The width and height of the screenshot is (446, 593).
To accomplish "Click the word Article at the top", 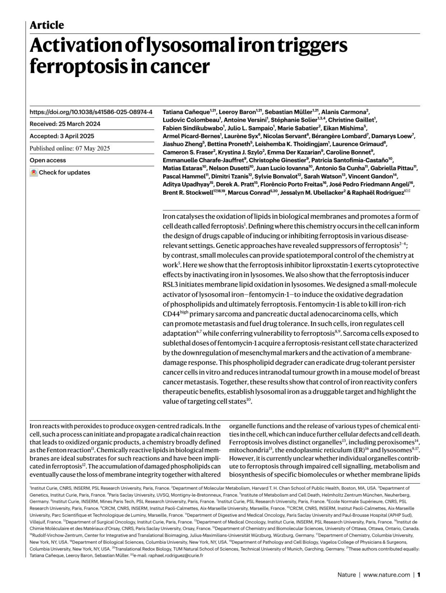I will (47, 25).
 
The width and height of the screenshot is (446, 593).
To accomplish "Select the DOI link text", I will (91, 112).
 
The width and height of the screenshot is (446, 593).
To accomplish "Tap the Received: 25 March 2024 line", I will (65, 124).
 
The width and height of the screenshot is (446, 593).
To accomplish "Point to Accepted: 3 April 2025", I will (62, 136).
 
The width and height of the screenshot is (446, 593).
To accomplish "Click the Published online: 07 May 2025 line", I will (70, 148).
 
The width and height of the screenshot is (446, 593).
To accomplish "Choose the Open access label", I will (48, 160).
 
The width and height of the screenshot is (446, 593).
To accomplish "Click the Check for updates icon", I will (34, 173).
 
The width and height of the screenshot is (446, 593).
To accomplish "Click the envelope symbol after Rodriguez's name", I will (408, 192).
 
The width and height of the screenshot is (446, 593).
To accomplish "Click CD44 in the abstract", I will (171, 314).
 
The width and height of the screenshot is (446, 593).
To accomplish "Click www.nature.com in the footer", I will (387, 575).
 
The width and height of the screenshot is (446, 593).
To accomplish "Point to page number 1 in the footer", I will (418, 575).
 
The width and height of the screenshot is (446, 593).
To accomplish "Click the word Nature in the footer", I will (346, 575).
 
